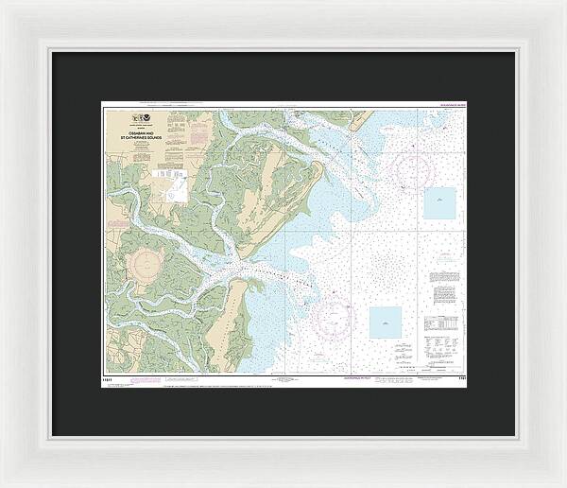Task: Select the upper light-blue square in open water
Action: point(439,202)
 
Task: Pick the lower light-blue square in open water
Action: point(385,322)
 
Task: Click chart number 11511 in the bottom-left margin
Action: point(111,377)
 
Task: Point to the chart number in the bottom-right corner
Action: point(460,377)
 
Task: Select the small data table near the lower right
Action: point(443,327)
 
